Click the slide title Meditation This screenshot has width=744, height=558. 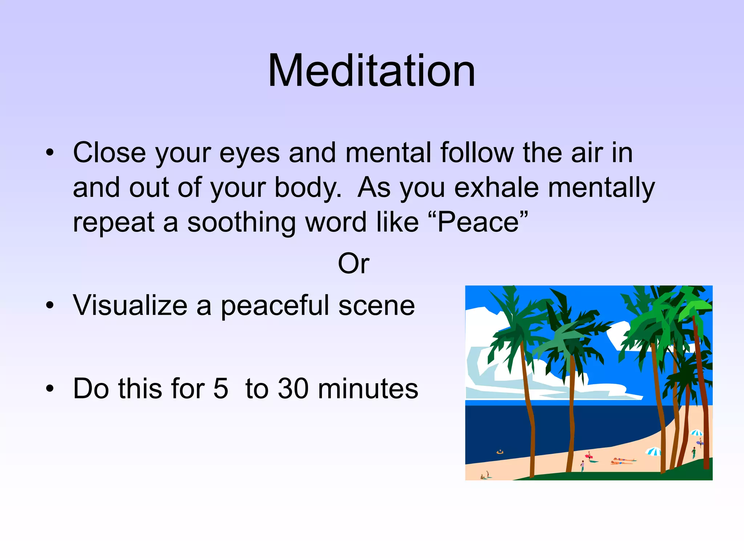(371, 70)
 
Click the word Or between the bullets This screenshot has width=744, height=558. (353, 263)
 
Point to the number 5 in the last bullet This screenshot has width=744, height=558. (221, 389)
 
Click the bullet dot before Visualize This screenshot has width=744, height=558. (50, 306)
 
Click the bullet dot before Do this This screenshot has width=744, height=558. (50, 389)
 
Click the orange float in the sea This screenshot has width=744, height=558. (500, 452)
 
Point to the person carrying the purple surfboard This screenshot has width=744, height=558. (700, 442)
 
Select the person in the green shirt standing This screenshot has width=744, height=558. (694, 452)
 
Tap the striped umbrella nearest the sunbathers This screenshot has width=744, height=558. (653, 452)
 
